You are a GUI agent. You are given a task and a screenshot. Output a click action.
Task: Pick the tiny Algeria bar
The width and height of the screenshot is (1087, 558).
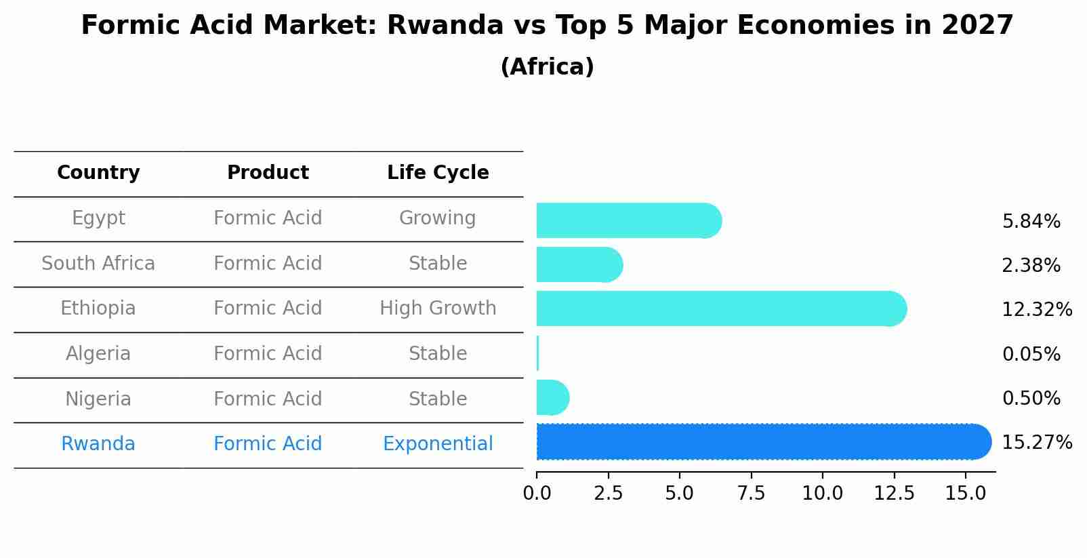[x=537, y=353]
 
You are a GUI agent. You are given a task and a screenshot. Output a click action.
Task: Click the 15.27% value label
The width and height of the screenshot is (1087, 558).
[x=1036, y=443]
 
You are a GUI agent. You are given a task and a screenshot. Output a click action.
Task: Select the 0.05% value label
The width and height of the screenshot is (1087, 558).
[x=1031, y=354]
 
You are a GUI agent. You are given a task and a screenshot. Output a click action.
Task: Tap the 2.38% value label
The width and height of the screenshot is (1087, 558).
[x=1031, y=265]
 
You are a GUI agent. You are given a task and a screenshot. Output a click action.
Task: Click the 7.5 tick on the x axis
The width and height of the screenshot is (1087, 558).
[x=751, y=494]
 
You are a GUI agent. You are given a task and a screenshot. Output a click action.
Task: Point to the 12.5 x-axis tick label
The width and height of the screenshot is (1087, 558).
[x=894, y=494]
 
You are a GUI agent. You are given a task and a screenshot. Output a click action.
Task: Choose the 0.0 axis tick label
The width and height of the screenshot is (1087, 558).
[x=537, y=494]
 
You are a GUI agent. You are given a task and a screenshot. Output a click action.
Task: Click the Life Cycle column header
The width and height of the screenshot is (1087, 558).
[x=438, y=173]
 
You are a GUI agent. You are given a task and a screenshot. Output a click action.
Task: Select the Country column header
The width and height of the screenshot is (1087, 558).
[x=98, y=173]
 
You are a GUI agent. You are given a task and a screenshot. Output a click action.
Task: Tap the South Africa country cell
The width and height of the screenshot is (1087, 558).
[x=98, y=263]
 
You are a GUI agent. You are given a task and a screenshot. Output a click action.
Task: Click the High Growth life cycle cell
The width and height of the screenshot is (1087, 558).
[x=438, y=308]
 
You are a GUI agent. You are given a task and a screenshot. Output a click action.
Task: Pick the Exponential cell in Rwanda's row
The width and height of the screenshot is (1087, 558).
[x=438, y=444]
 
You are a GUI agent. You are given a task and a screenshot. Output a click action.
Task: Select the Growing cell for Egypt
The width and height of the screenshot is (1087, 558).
[x=438, y=218]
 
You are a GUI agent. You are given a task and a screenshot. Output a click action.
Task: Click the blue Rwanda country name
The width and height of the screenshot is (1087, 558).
[x=98, y=444]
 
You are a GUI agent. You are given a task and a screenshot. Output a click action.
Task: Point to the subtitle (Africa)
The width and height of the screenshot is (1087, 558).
[x=547, y=67]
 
